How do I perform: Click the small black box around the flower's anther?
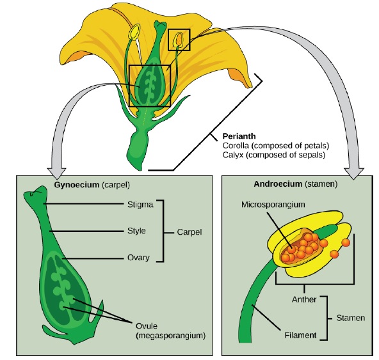(x=179, y=40)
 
